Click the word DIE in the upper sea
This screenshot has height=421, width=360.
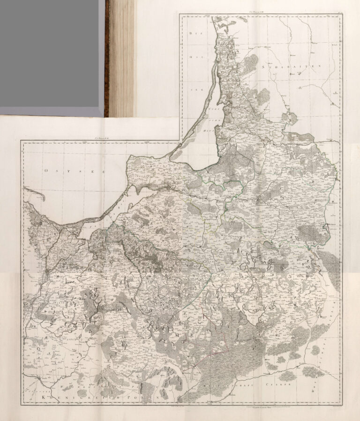pyautogui.click(x=191, y=34)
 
